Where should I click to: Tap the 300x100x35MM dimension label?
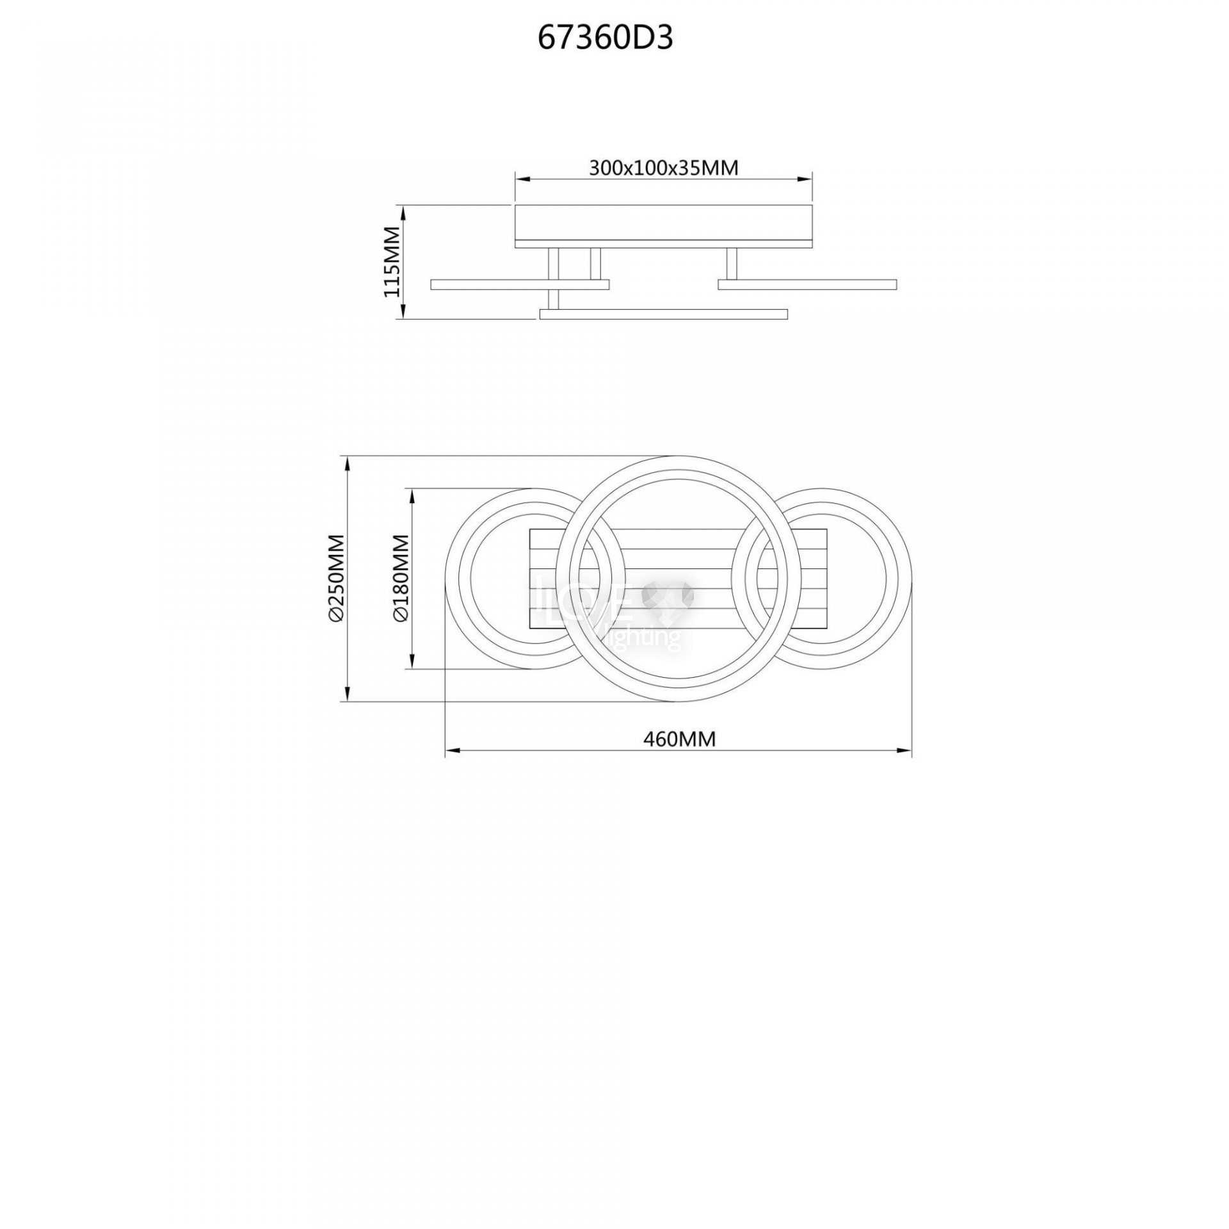pos(664,168)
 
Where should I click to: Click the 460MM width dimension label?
pos(679,739)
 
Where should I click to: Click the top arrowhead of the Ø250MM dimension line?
pos(347,463)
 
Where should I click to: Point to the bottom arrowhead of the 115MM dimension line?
pos(403,310)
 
